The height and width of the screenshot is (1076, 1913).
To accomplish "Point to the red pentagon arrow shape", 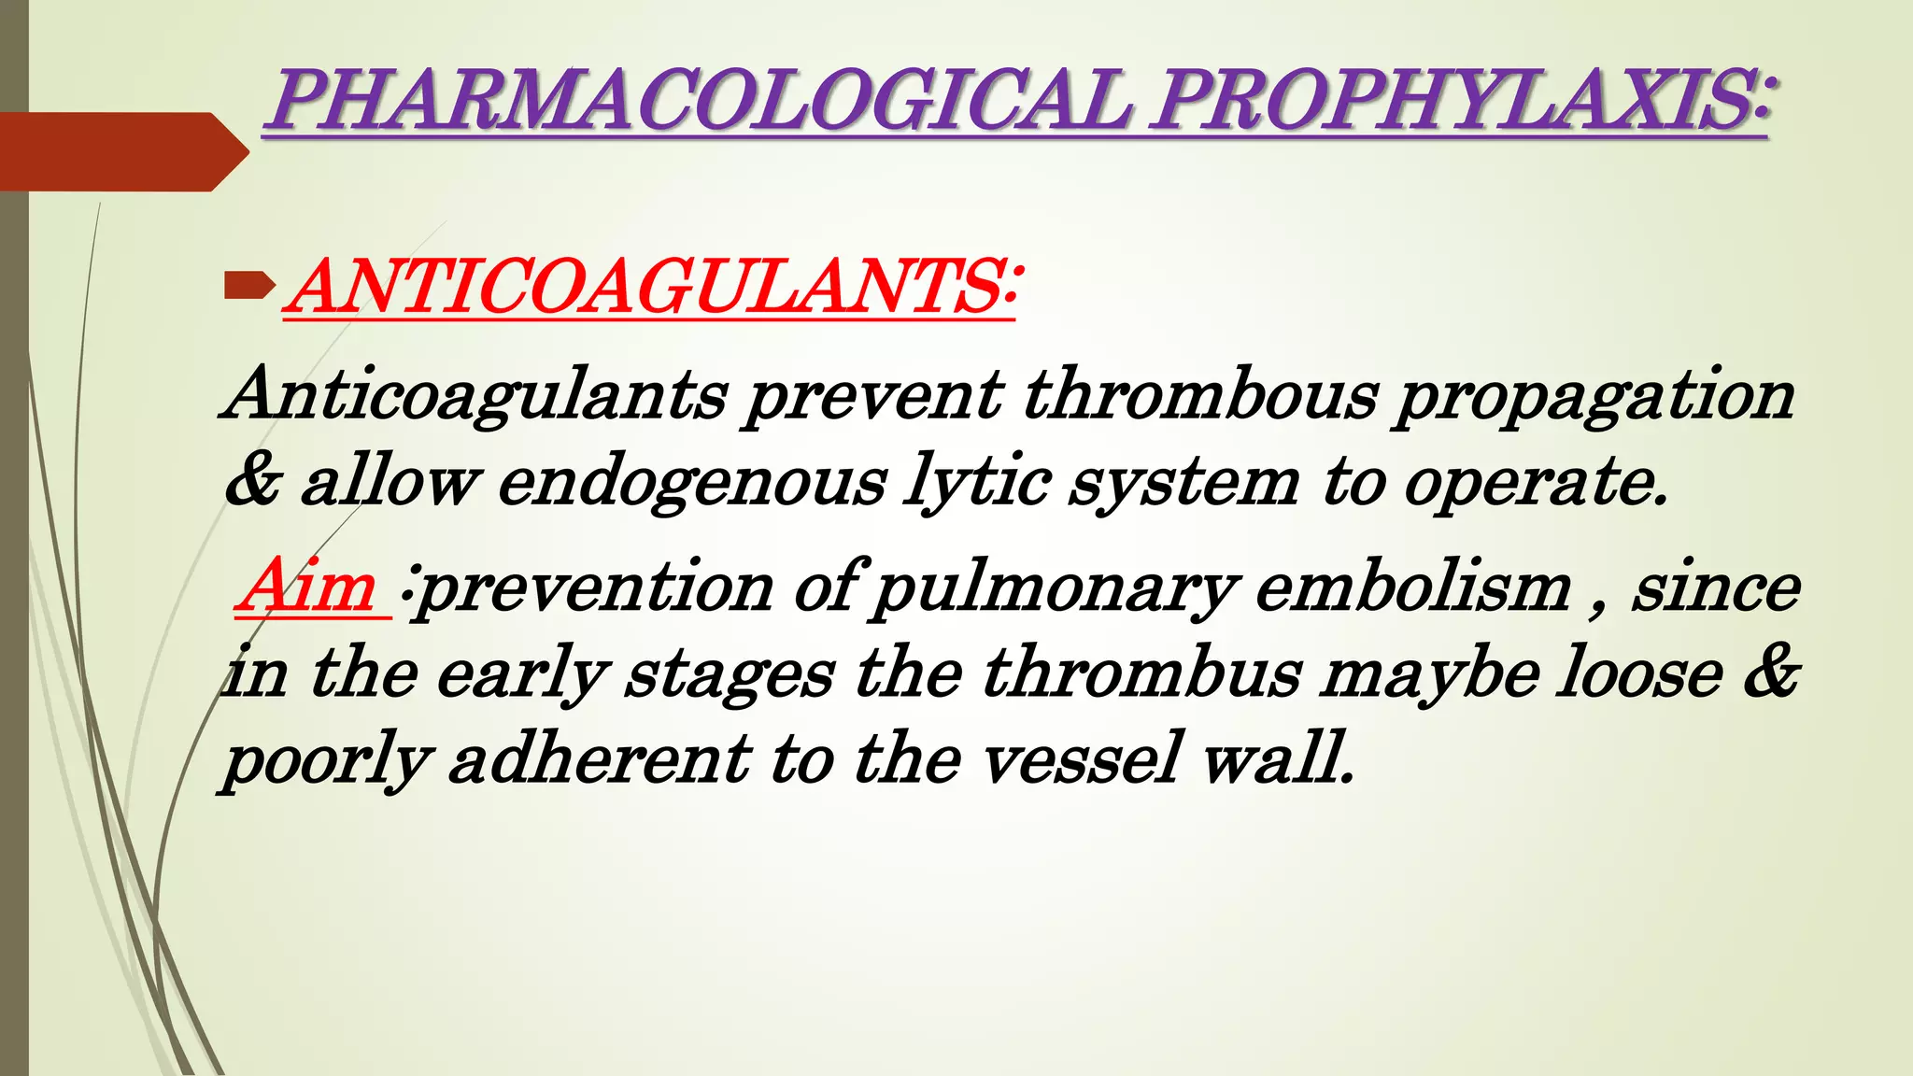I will coord(121,151).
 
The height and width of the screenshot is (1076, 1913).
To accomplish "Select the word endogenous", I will coord(691,484).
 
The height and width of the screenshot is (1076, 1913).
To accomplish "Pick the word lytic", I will coord(976,484).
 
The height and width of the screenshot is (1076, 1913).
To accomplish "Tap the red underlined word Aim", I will coord(309,587).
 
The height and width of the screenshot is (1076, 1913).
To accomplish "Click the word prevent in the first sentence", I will coord(872,395).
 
